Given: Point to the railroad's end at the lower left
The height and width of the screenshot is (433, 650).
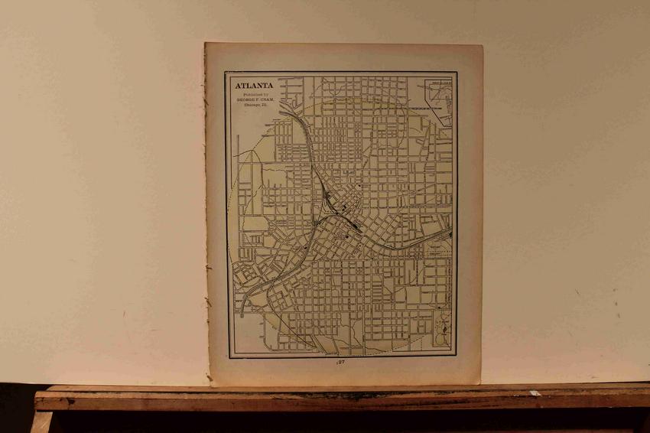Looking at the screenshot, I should click(240, 314).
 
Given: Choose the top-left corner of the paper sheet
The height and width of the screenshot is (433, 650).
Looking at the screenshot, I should click(205, 43).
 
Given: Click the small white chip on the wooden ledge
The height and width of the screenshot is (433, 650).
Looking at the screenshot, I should click(535, 393).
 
